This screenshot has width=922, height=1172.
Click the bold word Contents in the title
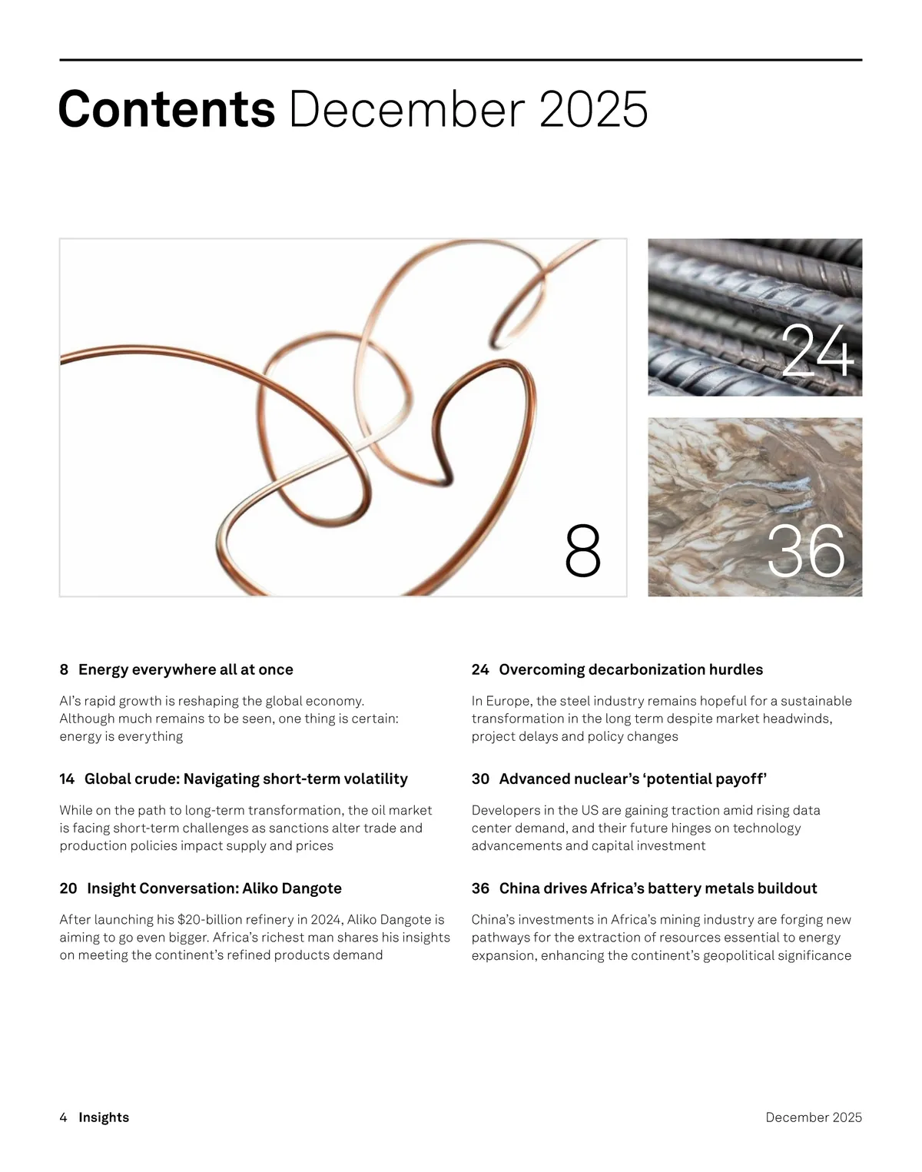pyautogui.click(x=167, y=109)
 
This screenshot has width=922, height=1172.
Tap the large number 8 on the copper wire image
pyautogui.click(x=582, y=550)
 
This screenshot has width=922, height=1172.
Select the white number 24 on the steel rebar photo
pyautogui.click(x=817, y=350)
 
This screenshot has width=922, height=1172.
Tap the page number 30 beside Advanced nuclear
pyautogui.click(x=480, y=779)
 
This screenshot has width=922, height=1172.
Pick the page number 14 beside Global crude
pyautogui.click(x=67, y=779)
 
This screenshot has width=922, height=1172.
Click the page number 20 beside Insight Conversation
pyautogui.click(x=68, y=888)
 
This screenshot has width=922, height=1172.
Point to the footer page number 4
pyautogui.click(x=64, y=1117)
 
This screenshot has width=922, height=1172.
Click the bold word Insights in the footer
pyautogui.click(x=104, y=1117)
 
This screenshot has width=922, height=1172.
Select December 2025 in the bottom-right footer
pyautogui.click(x=814, y=1117)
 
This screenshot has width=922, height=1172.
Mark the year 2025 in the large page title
pyautogui.click(x=594, y=109)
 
